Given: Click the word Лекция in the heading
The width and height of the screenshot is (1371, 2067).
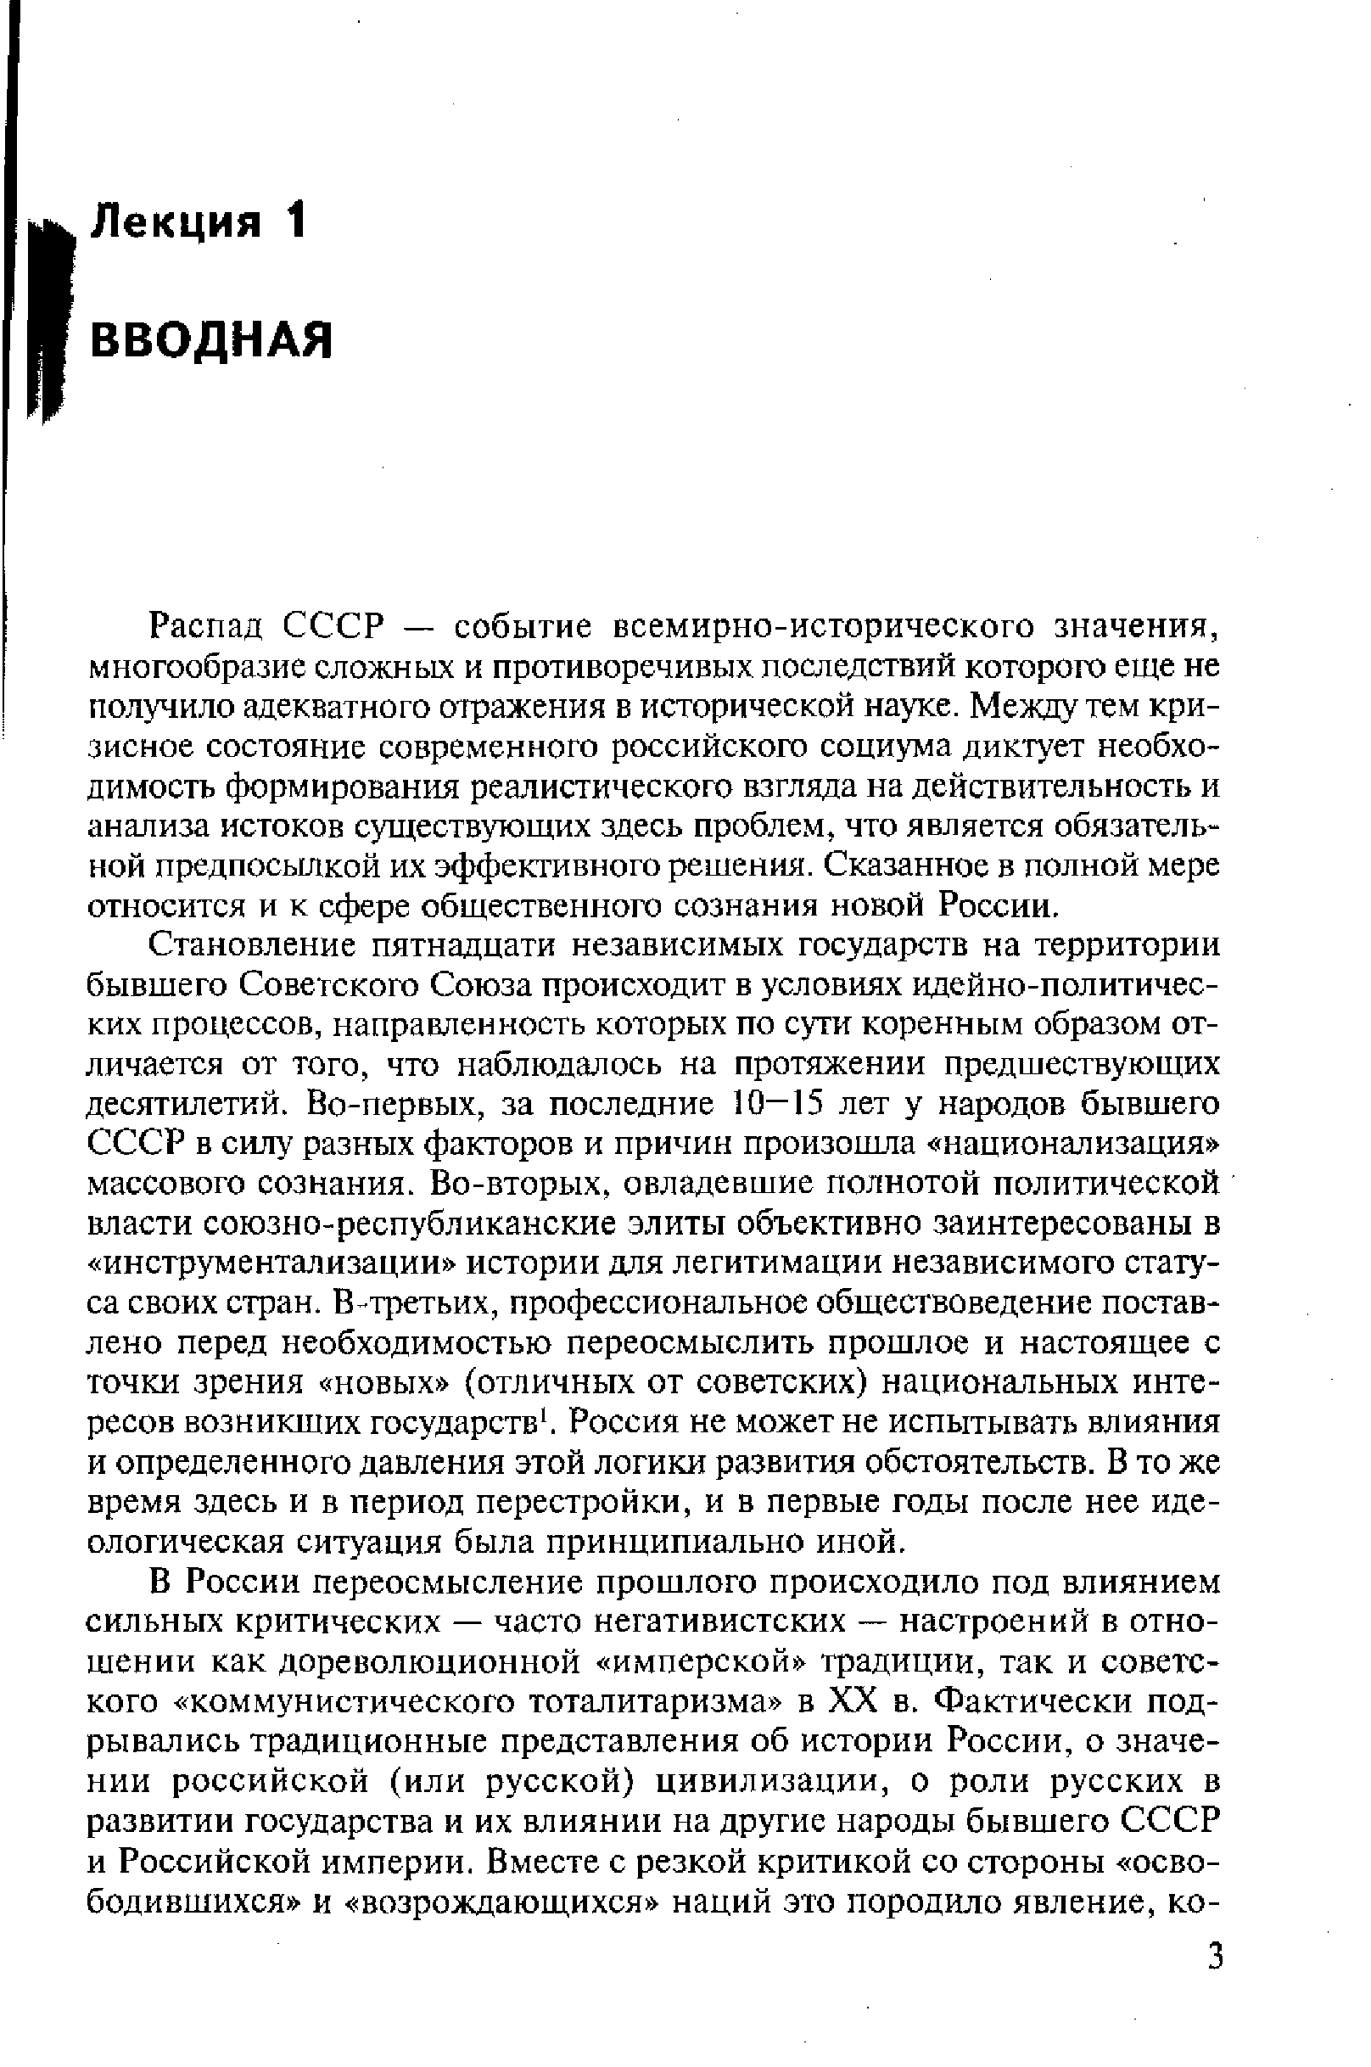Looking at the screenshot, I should (x=176, y=223).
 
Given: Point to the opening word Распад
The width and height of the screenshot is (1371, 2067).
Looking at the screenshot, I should (x=207, y=627).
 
